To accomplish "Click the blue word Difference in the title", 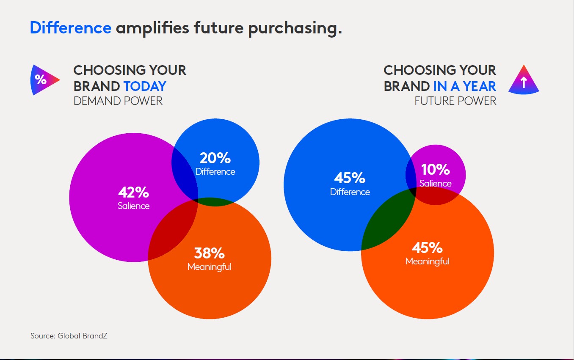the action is [x=71, y=27].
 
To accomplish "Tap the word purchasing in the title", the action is [x=295, y=29].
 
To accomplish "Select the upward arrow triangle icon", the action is [x=524, y=80].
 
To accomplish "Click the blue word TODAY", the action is [x=145, y=86].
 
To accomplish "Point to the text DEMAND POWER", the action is [x=118, y=101].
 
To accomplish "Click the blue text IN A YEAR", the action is [x=465, y=86].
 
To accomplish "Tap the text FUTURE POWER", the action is [x=455, y=101].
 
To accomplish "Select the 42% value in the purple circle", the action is [x=133, y=192].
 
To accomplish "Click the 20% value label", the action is [x=215, y=158].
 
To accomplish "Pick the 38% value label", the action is [x=210, y=253].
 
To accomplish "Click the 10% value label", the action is [x=436, y=169].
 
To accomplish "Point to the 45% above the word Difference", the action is [x=350, y=178].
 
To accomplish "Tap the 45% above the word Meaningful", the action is [x=428, y=247].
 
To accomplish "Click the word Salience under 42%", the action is [x=133, y=206].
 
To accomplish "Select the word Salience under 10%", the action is [x=436, y=183].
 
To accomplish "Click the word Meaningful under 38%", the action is [x=210, y=267].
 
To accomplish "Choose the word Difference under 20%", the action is [x=215, y=172].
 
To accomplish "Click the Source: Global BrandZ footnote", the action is [x=69, y=336].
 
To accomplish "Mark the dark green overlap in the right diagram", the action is [x=387, y=223].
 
